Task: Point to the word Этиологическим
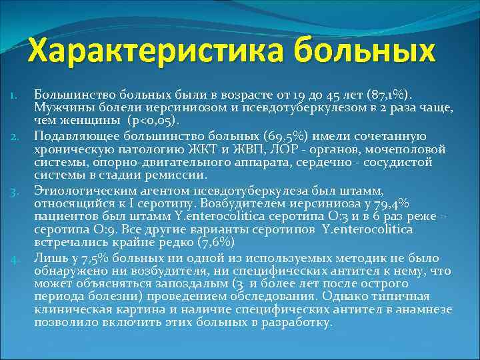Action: coord(82,191)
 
